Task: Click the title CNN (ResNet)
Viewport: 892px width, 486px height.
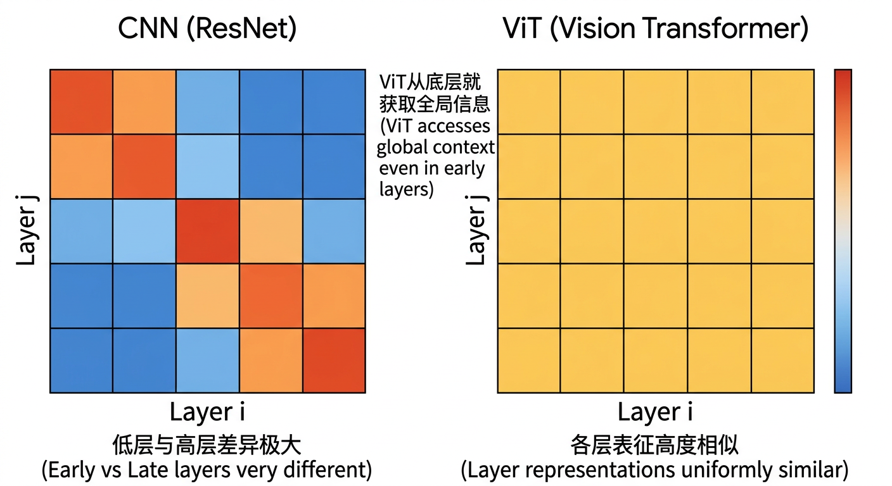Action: [x=207, y=29]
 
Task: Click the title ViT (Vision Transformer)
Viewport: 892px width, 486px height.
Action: [x=655, y=29]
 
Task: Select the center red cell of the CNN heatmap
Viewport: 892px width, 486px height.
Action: [x=208, y=231]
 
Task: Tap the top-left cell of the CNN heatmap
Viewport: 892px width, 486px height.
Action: [x=82, y=102]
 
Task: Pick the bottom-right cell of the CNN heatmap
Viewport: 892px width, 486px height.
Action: [x=334, y=361]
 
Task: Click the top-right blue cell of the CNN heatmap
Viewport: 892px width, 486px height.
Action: [x=334, y=102]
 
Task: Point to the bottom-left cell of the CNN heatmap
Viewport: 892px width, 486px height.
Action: [x=82, y=361]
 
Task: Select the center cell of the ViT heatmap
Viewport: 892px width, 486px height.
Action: [x=656, y=231]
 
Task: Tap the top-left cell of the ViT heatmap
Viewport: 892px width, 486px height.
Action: [x=529, y=102]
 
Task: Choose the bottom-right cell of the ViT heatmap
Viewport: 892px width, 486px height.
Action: [x=782, y=361]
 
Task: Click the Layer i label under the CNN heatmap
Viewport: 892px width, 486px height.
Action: [x=207, y=413]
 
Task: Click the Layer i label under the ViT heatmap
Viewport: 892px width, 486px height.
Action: [x=655, y=413]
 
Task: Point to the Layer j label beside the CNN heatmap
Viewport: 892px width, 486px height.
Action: [x=27, y=231]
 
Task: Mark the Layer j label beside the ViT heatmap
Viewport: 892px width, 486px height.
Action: [x=476, y=231]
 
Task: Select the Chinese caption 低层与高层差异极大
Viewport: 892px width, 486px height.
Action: [x=207, y=445]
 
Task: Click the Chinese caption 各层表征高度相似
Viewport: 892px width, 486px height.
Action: [x=655, y=445]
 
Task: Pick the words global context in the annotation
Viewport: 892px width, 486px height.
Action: [x=436, y=147]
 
